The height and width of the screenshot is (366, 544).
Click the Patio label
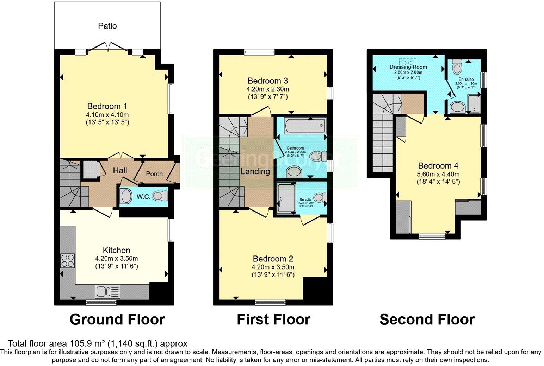pyautogui.click(x=107, y=26)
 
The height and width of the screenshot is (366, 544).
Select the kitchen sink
pyautogui.click(x=107, y=291)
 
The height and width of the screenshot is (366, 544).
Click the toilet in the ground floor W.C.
pyautogui.click(x=162, y=196)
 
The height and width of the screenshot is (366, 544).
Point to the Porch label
pyautogui.click(x=154, y=174)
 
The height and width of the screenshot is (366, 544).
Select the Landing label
pyautogui.click(x=255, y=172)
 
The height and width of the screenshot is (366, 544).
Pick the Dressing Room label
pyautogui.click(x=408, y=67)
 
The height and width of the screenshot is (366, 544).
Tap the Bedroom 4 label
pyautogui.click(x=438, y=166)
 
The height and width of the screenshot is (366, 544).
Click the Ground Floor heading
pyautogui.click(x=117, y=320)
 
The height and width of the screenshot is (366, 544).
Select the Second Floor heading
pyautogui.click(x=427, y=320)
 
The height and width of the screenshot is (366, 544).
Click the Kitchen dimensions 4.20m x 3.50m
pyautogui.click(x=117, y=258)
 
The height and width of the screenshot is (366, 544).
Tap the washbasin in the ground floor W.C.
pyautogui.click(x=125, y=196)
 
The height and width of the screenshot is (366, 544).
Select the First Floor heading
pyautogui.click(x=273, y=320)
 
